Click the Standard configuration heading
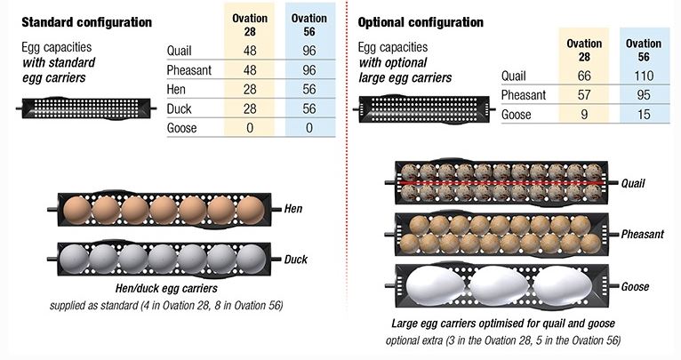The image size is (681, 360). [87, 22]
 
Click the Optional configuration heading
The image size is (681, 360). [421, 22]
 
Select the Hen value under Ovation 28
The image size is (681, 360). [250, 90]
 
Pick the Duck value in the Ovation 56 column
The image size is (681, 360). [309, 108]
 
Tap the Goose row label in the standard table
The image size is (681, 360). [181, 128]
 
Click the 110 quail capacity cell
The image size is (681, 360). [644, 76]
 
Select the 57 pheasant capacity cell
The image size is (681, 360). [584, 95]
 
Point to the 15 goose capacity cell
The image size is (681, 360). [644, 115]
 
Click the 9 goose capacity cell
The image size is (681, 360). [584, 115]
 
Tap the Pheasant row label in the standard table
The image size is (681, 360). [189, 70]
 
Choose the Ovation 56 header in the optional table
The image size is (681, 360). [644, 50]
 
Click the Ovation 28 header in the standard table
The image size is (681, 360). [250, 25]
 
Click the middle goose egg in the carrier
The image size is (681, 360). [499, 285]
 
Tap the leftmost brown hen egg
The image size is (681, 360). [77, 211]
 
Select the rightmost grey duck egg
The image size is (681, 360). [251, 260]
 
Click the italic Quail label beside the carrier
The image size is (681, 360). [633, 183]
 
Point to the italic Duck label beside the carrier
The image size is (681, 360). [296, 260]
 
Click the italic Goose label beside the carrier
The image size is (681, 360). [635, 286]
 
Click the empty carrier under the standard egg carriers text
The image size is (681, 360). [86, 108]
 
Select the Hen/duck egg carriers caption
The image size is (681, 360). [166, 288]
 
